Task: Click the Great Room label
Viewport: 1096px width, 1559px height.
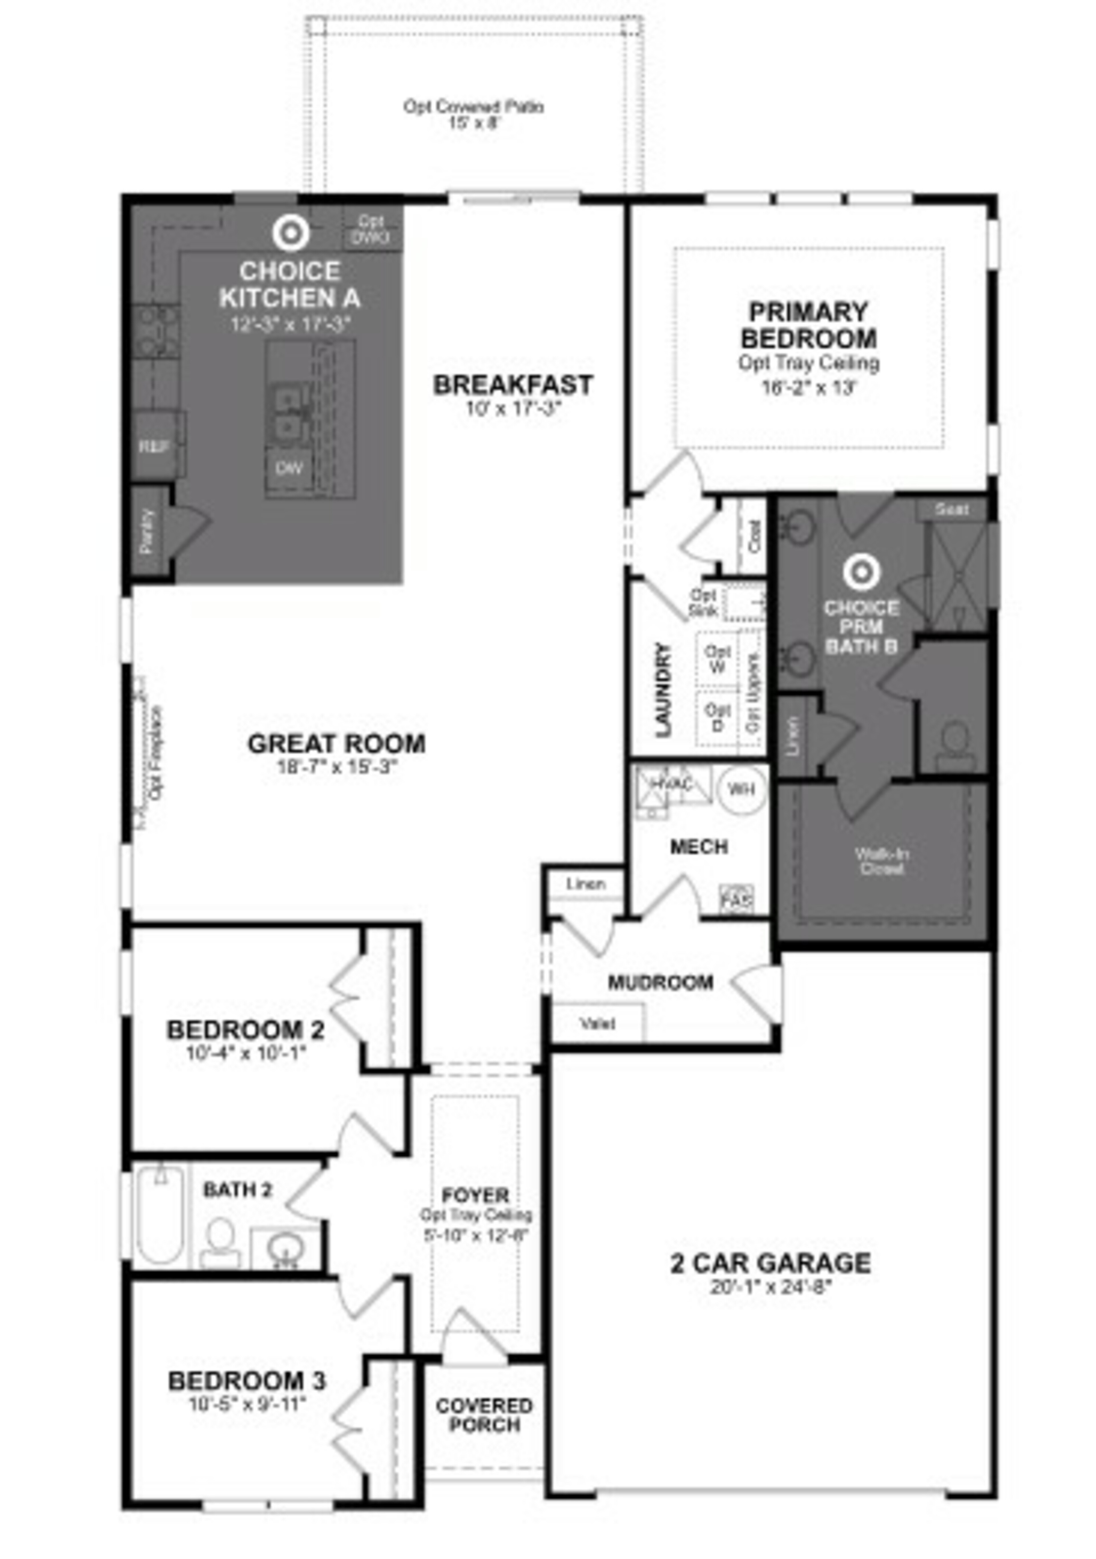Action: [x=336, y=743]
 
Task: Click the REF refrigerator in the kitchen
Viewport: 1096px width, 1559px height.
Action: [x=155, y=446]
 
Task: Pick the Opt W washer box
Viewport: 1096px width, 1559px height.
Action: [x=717, y=659]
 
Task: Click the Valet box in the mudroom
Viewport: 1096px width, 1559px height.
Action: [x=598, y=1023]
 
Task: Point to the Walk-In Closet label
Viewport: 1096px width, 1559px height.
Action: [x=881, y=861]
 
